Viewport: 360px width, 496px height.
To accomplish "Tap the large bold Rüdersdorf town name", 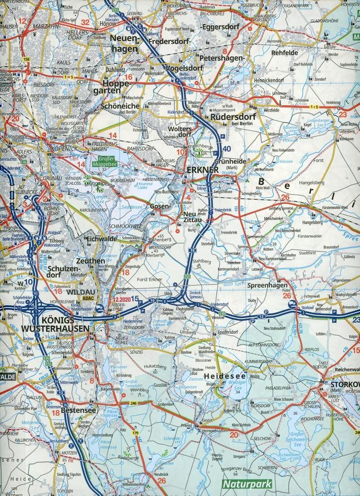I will (x=230, y=116).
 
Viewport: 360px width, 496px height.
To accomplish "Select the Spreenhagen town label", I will (x=264, y=286).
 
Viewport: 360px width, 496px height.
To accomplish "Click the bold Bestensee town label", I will (x=78, y=410).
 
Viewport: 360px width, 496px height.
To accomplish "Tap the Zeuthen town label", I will (x=90, y=261).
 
